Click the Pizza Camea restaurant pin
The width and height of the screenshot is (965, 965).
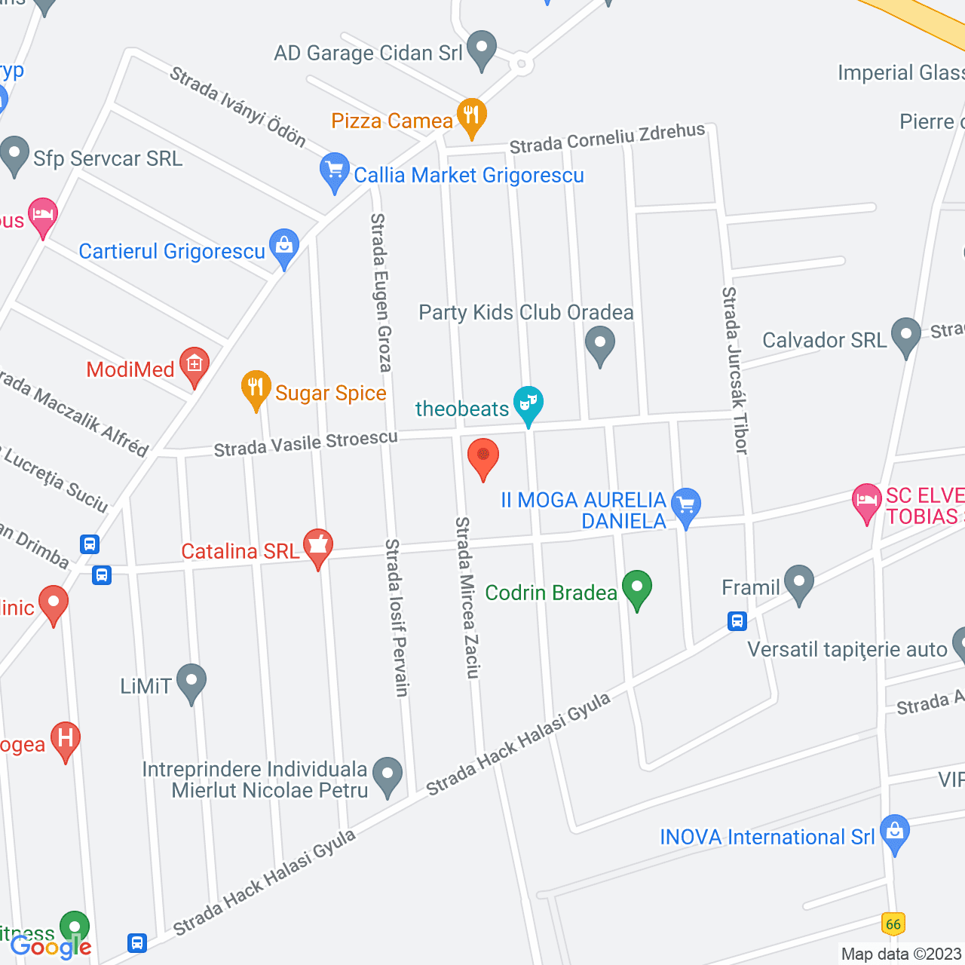(471, 116)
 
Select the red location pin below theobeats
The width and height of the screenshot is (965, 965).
(483, 457)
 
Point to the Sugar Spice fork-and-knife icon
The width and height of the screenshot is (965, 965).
(256, 388)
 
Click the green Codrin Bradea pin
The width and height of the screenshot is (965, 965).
(637, 588)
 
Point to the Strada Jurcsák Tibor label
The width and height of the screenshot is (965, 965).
(735, 370)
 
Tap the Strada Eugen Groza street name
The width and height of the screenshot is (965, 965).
(381, 293)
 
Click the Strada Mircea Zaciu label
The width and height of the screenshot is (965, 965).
(467, 597)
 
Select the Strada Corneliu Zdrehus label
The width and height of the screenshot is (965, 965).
(607, 138)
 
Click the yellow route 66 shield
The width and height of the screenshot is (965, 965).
(893, 924)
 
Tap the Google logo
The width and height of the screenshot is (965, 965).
(51, 947)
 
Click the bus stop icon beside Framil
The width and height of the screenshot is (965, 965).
(737, 621)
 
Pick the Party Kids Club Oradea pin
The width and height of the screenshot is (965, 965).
(600, 344)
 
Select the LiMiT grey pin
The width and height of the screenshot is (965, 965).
(191, 682)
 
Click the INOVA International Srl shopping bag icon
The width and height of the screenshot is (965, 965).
(895, 832)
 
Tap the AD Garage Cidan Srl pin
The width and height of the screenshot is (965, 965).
(482, 48)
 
